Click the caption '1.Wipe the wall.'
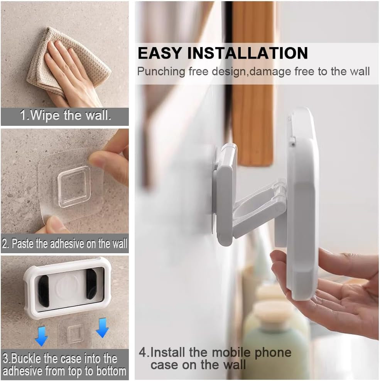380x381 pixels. [x=66, y=116]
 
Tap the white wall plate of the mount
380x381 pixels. [x=224, y=193]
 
